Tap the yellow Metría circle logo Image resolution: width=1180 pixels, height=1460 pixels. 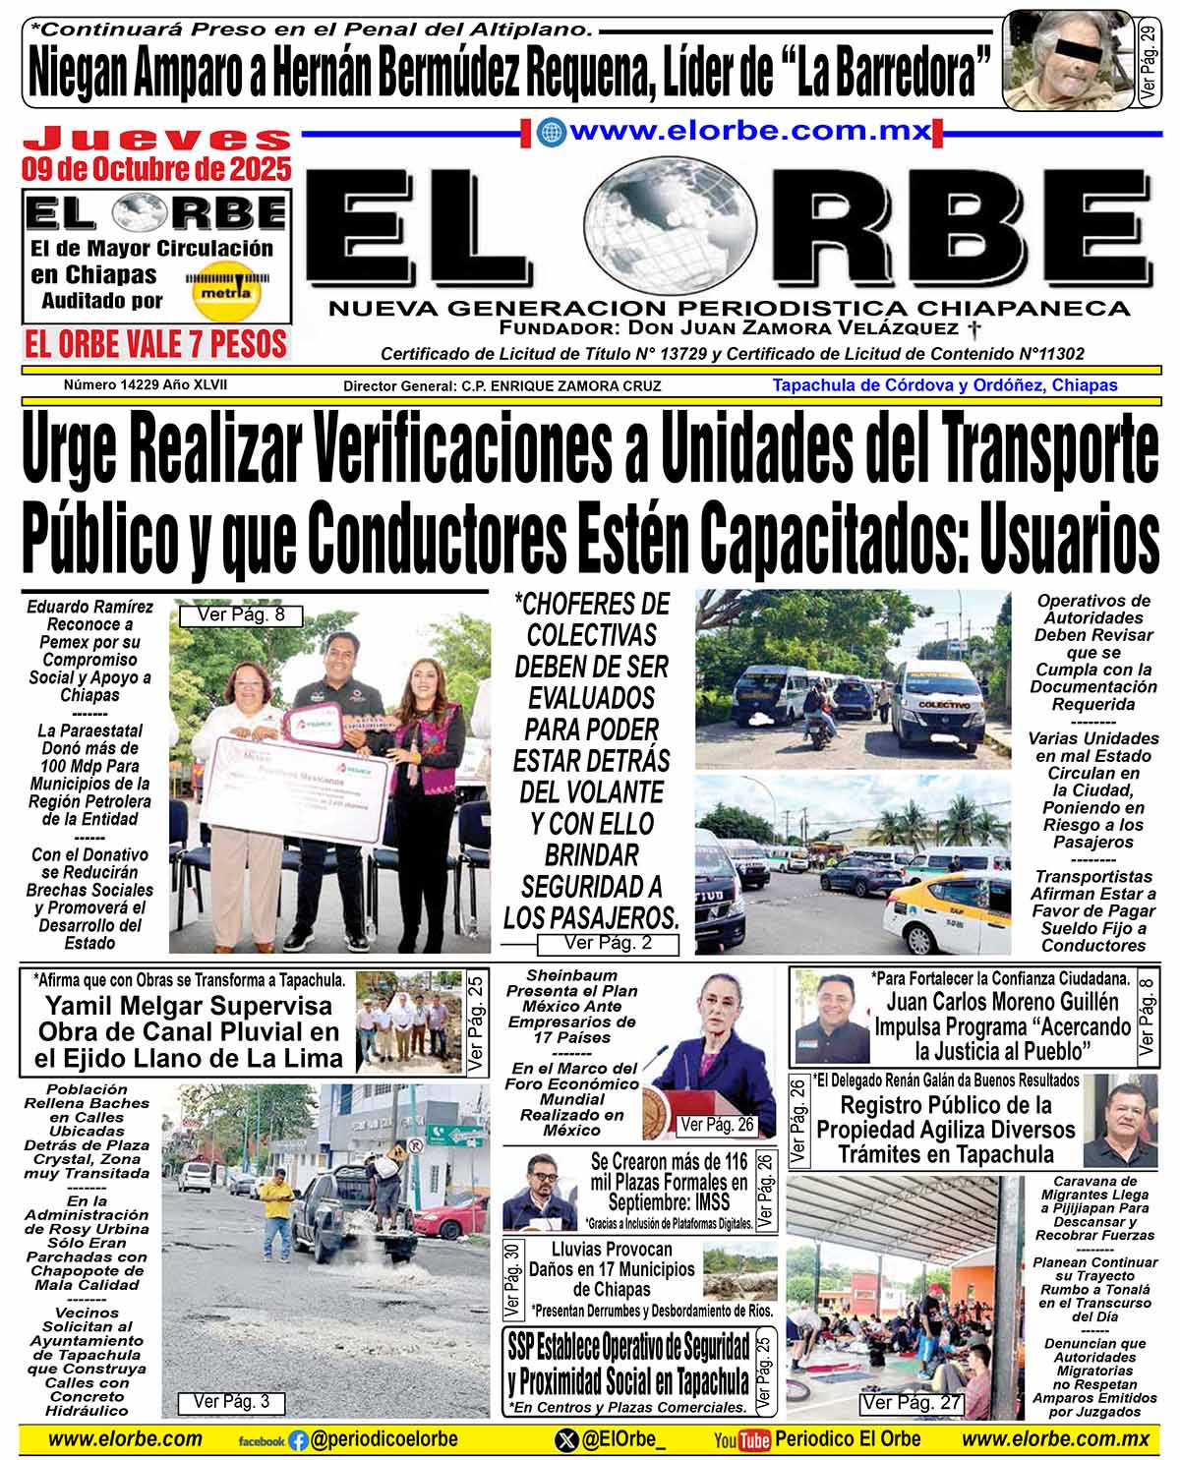tap(225, 292)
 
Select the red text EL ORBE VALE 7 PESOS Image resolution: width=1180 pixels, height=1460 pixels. tap(156, 344)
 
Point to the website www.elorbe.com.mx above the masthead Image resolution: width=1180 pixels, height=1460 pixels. tap(749, 131)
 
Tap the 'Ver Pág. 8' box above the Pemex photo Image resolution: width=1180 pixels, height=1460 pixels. tap(241, 615)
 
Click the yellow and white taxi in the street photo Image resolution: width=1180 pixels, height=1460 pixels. tap(945, 913)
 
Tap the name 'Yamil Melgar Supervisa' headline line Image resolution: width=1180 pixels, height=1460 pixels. tap(189, 1006)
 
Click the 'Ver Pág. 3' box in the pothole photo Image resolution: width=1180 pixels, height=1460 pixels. tap(231, 1402)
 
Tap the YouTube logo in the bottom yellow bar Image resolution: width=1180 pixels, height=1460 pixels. tap(742, 1440)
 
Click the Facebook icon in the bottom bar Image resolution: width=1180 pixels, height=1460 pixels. tap(298, 1441)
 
